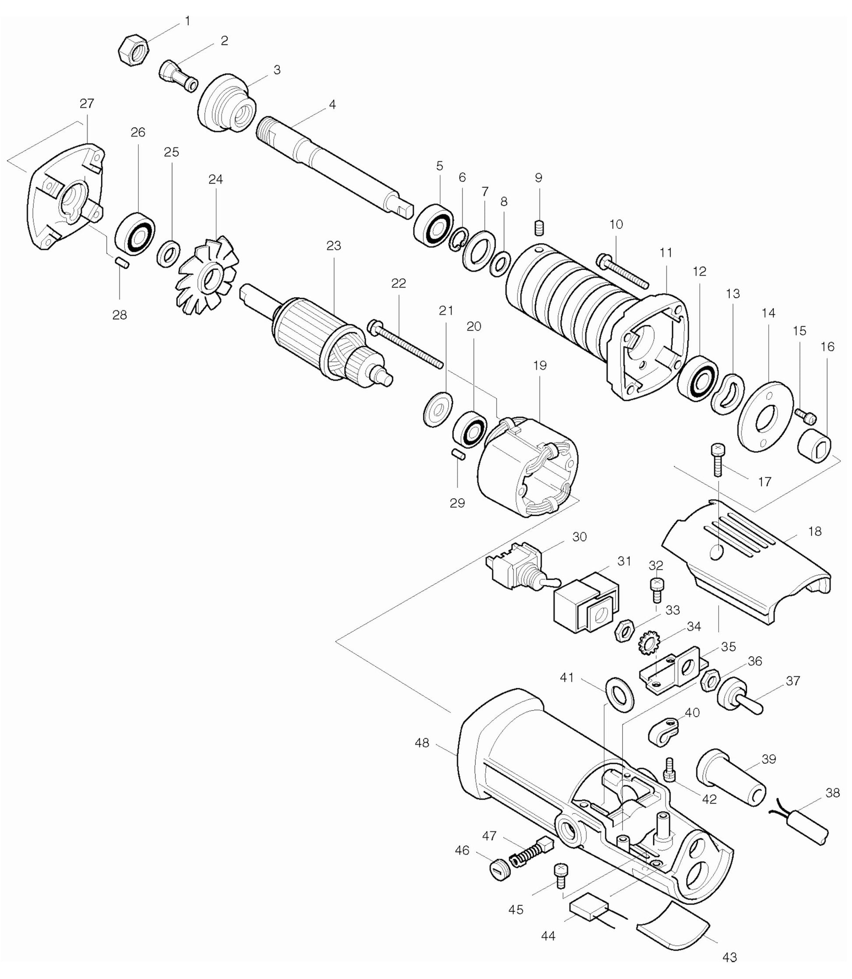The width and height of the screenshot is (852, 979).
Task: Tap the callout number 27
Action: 87,103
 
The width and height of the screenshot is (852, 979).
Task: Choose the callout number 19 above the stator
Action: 540,365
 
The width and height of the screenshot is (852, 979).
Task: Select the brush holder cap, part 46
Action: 499,870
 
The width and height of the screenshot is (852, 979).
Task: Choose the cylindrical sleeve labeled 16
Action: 813,446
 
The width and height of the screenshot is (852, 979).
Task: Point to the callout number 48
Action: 422,743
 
